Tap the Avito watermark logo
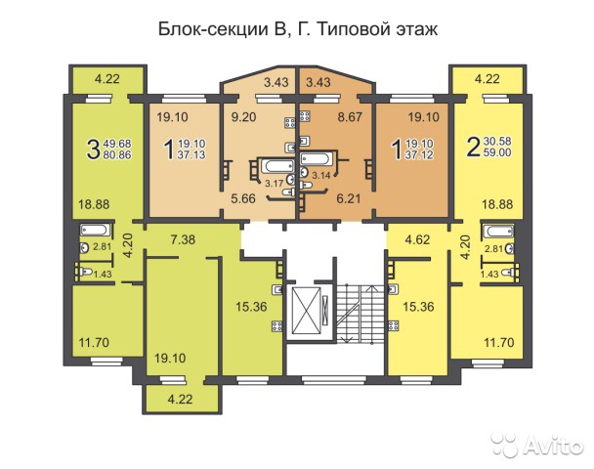(x=537, y=445)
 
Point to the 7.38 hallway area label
(x=183, y=239)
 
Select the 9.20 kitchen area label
(x=243, y=117)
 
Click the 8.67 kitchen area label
(x=350, y=117)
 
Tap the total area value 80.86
(x=117, y=154)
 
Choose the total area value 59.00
(x=497, y=152)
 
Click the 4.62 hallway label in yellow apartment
(x=417, y=239)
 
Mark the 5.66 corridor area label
(x=243, y=198)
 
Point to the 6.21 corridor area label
(x=349, y=198)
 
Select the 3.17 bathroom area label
(x=274, y=184)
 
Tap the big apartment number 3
(x=93, y=149)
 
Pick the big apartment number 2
(x=474, y=147)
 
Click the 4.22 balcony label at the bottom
(x=181, y=400)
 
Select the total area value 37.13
(x=191, y=154)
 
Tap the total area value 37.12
(x=419, y=154)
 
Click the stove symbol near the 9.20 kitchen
(x=290, y=122)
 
